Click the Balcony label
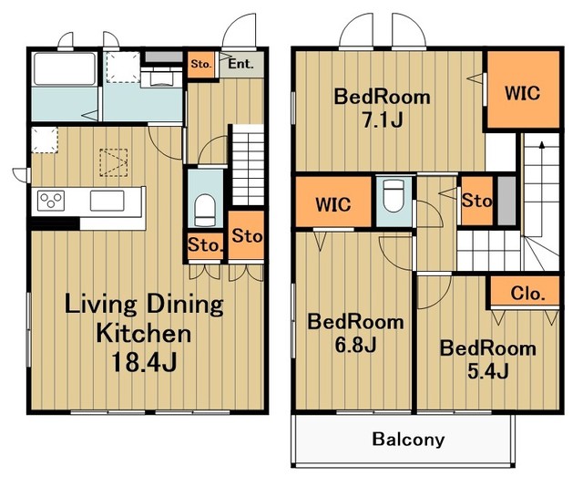408,440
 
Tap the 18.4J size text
144,362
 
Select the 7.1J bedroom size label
383,119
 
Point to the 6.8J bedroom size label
356,345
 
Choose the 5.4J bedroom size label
488,371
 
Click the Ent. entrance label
240,64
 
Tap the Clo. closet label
527,294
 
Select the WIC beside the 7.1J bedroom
522,93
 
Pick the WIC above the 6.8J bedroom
333,204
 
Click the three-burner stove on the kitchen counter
51,201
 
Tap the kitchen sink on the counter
107,201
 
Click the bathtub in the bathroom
65,69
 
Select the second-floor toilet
394,195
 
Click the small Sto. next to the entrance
201,64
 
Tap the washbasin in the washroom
161,78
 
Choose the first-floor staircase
248,165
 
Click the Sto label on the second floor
476,201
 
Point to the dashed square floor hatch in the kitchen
113,162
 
